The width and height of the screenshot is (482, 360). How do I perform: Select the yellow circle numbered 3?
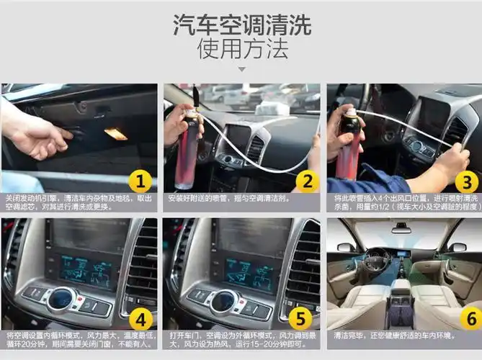466,181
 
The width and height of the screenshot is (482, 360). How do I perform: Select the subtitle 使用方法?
241,49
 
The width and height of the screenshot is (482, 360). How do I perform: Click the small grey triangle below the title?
241,70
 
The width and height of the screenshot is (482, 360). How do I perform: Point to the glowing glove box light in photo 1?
115,134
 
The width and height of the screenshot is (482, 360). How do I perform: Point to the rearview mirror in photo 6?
401,229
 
